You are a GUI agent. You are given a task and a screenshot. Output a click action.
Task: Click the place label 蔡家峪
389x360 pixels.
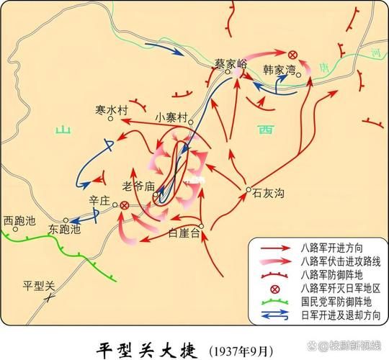tap(231, 63)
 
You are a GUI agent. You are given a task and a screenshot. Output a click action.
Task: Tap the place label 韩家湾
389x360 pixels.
tap(279, 70)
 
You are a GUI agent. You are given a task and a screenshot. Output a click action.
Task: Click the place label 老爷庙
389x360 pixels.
tap(139, 185)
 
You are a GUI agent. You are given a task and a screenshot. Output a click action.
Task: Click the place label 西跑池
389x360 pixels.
tap(19, 220)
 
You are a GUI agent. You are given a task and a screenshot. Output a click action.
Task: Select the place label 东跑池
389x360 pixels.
tap(64, 230)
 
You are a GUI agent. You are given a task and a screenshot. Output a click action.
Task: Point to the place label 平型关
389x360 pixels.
tap(39, 284)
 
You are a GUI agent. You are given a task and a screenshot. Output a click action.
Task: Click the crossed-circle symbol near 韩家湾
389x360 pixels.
tap(292, 55)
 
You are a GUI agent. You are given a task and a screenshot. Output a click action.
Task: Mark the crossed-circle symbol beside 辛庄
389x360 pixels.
tap(124, 205)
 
